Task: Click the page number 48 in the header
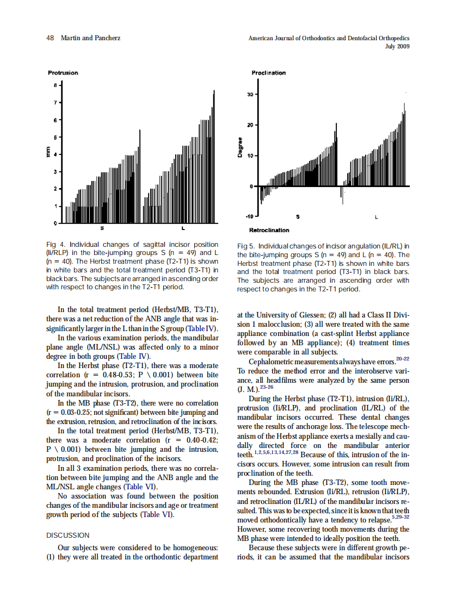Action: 50,38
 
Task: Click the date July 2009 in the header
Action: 397,46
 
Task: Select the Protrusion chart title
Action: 63,73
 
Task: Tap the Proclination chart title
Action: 268,73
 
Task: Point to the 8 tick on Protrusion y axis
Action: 55,85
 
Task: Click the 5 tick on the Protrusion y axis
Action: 55,137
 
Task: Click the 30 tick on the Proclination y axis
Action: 249,94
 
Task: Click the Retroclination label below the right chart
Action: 269,231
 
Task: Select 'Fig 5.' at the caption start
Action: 246,247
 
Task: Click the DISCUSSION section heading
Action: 68,535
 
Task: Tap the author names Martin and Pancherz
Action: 90,38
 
